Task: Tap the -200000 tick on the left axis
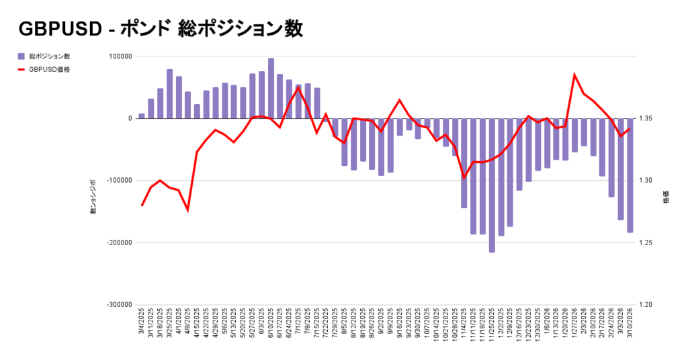(120, 242)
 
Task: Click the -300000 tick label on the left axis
(120, 304)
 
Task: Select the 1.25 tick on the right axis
(652, 242)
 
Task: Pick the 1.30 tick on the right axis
(652, 181)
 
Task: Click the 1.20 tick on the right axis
(652, 304)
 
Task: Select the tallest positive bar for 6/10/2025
(271, 88)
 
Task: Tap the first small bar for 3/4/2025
(142, 116)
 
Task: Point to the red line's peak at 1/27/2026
(574, 75)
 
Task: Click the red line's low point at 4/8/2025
(187, 210)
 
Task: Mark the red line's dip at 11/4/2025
(464, 178)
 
